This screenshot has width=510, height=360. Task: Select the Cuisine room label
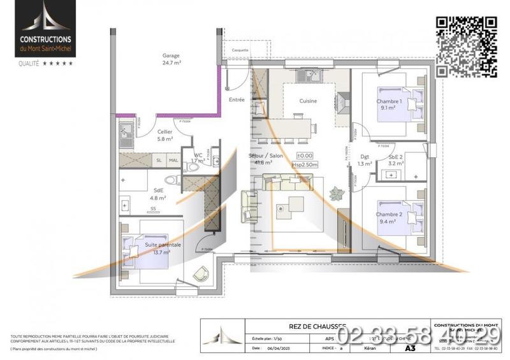click(x=309, y=101)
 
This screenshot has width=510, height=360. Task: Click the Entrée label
click(x=237, y=100)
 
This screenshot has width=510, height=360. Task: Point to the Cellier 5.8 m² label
click(x=165, y=135)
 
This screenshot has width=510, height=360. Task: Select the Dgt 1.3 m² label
click(x=365, y=160)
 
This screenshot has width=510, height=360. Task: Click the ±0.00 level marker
click(x=305, y=155)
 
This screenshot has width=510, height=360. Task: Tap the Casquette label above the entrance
click(x=240, y=49)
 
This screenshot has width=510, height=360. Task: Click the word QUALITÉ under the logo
click(x=29, y=63)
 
